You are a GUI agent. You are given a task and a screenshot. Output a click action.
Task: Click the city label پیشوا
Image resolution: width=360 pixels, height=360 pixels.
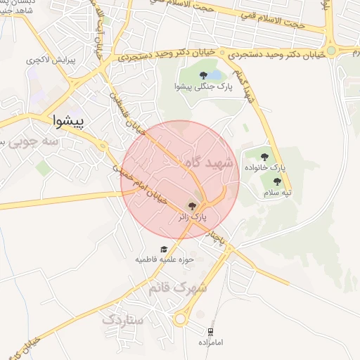point(68,121)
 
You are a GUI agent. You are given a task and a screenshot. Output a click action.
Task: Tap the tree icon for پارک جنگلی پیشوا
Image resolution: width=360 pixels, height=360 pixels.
point(202,74)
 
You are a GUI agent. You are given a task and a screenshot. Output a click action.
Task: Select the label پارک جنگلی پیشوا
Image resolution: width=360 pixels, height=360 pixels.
point(202,86)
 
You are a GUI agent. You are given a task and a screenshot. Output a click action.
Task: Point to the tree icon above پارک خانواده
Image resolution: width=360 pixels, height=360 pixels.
point(265,157)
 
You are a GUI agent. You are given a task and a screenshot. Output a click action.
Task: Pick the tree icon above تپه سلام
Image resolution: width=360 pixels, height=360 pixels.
point(275,180)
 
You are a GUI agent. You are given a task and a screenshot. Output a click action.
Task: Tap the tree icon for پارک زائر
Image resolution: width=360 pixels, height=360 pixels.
point(193,205)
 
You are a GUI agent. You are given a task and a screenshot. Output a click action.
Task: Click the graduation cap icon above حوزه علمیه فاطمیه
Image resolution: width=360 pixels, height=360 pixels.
point(165,249)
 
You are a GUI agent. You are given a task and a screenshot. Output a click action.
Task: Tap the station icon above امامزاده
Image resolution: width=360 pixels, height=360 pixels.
point(210,331)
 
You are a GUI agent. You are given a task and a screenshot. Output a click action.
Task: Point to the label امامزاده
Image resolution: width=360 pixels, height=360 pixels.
point(212,342)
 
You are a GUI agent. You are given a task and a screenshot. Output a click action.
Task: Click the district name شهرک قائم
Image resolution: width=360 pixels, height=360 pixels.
point(179,288)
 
